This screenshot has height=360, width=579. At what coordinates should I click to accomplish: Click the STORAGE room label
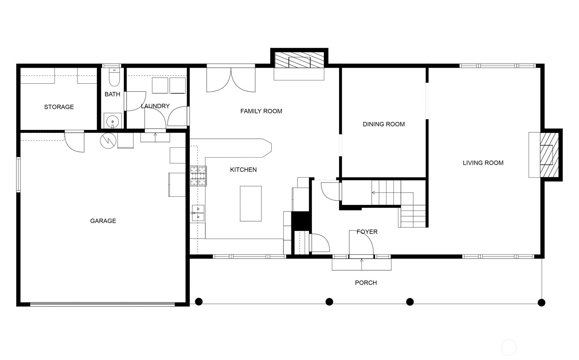(59, 107)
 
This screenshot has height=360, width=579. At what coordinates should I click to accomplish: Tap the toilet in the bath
(114, 79)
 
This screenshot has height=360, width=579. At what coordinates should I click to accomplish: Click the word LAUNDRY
(155, 106)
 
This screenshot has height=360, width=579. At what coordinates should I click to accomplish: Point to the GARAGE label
(103, 221)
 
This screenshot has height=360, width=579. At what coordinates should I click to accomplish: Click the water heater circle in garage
(107, 141)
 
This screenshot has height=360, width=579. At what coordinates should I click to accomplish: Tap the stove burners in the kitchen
(198, 176)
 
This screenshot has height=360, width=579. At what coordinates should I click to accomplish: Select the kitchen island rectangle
(251, 204)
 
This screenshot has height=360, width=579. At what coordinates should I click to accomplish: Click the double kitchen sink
(198, 213)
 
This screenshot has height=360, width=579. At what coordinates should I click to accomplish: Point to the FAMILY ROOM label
(261, 111)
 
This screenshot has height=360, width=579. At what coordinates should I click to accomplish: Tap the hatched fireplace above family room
(299, 60)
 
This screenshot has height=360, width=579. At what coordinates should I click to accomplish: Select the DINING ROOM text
(384, 124)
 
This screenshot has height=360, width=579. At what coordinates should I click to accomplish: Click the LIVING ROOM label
(483, 163)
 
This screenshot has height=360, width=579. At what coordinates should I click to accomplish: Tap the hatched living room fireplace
(547, 155)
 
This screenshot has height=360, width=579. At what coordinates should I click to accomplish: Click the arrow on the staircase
(373, 193)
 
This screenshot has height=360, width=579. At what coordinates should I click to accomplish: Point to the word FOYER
(367, 232)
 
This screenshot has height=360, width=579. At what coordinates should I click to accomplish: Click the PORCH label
(366, 283)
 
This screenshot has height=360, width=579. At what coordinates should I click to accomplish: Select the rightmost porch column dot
(541, 302)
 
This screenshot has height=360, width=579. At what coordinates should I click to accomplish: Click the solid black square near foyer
(301, 221)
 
